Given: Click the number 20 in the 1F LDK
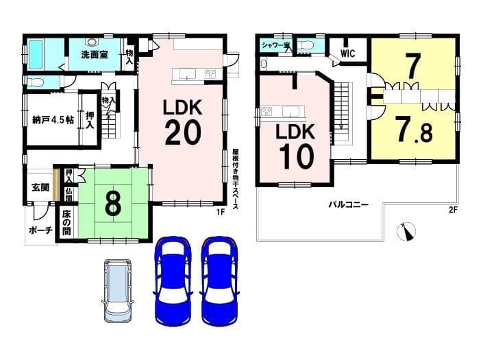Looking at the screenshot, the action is click(x=183, y=132).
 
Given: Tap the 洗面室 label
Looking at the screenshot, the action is click(x=95, y=55).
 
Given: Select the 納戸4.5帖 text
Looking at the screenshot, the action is click(x=53, y=119).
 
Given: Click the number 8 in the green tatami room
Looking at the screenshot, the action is click(x=113, y=204).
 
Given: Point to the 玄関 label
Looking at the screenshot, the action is click(x=40, y=187).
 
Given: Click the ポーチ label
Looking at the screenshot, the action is click(x=40, y=230).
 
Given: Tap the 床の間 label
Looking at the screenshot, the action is click(x=66, y=223).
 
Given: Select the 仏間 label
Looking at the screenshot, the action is click(x=69, y=195).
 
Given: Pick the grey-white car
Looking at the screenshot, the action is click(x=117, y=291).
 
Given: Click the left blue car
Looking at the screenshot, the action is click(x=173, y=280).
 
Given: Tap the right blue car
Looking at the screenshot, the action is click(x=219, y=280).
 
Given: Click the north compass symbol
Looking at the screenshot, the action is click(x=406, y=231).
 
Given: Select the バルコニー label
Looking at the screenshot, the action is click(x=349, y=204).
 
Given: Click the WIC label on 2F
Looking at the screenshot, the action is click(x=347, y=53).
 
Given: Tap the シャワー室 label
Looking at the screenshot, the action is click(x=276, y=45).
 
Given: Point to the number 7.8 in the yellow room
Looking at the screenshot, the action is click(x=414, y=129).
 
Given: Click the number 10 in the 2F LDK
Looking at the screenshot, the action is click(x=297, y=156).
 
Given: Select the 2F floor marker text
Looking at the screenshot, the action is click(x=452, y=210).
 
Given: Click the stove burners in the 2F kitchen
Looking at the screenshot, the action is click(x=266, y=111).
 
